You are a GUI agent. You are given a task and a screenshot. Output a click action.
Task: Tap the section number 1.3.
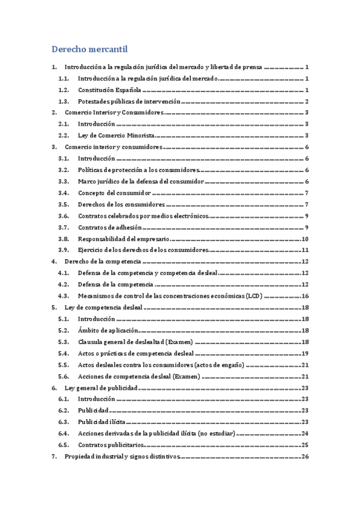(64, 101)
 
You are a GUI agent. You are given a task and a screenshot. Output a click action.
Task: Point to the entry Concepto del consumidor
(114, 193)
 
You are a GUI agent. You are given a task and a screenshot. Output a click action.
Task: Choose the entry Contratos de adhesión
(110, 227)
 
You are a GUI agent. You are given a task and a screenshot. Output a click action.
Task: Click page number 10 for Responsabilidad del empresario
(305, 239)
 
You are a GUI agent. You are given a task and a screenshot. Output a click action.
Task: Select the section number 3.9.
(64, 250)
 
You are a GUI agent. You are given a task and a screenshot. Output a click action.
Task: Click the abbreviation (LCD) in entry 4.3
(254, 296)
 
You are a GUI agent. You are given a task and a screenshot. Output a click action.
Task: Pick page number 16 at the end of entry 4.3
(305, 296)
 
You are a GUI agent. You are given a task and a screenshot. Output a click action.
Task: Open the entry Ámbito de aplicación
(108, 331)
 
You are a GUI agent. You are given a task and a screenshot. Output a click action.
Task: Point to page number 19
(305, 354)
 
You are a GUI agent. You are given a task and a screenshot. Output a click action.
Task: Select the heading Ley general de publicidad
(101, 388)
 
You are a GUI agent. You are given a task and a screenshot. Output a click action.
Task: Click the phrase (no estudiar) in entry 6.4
(216, 434)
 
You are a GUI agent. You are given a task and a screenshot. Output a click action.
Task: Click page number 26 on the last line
(305, 456)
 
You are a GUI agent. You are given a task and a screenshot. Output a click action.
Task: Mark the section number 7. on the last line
(55, 456)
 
